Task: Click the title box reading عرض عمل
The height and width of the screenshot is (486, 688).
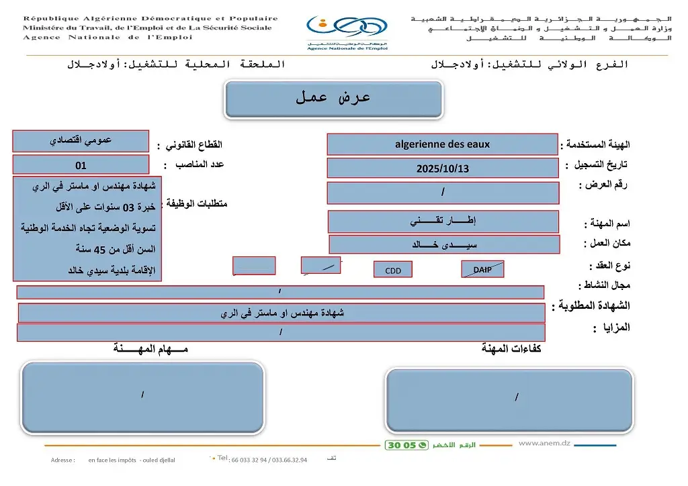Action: pos(333,99)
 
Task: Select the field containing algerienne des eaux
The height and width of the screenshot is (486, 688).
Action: pos(442,144)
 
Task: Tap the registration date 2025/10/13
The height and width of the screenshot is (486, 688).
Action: pos(442,168)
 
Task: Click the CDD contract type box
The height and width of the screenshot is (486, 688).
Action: pos(392,270)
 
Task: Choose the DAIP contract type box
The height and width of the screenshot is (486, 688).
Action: pos(482,269)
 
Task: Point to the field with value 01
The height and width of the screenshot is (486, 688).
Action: pos(81,164)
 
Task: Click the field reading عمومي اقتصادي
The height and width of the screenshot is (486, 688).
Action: pos(81,141)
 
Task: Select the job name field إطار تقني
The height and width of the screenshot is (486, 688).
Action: pos(443,221)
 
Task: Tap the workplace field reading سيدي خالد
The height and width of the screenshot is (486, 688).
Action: pos(443,244)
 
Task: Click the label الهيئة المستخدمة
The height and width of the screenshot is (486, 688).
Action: pos(597,144)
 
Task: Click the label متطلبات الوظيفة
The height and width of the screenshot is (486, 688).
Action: pos(196,203)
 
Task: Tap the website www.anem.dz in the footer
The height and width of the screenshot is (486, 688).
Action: pos(544,443)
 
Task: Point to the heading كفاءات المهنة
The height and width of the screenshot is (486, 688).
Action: pos(511,348)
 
